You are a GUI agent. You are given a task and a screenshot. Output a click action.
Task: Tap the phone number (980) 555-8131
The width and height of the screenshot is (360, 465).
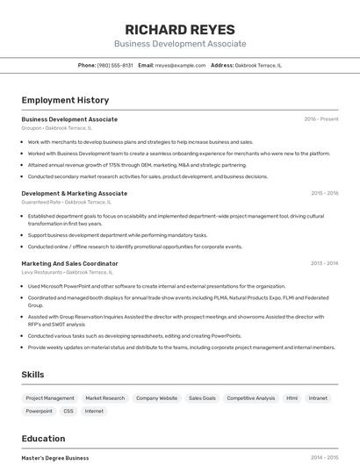115,65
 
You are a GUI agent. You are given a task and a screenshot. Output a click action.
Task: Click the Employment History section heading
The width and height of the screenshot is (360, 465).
65,100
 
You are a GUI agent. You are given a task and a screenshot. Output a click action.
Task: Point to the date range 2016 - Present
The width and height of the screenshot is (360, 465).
321,119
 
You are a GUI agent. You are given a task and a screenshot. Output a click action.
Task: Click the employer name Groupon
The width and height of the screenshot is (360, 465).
32,128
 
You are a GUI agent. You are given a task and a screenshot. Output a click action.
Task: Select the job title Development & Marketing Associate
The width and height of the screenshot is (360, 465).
74,193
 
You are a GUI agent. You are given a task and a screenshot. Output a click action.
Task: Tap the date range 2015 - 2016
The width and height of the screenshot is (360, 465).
324,193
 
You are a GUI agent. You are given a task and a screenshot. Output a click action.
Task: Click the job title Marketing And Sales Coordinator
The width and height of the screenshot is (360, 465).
69,263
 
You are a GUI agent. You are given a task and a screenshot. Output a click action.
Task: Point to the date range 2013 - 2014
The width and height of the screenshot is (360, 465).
324,263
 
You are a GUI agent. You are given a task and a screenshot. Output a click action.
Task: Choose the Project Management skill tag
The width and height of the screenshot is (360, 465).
50,398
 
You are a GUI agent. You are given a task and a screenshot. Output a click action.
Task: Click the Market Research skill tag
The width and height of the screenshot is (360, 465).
105,398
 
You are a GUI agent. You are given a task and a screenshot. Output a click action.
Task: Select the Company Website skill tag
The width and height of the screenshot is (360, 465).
156,398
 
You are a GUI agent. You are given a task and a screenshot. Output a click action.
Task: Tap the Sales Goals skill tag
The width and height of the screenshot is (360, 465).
202,398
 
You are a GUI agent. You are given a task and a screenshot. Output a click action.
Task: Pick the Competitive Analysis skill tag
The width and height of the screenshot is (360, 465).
251,398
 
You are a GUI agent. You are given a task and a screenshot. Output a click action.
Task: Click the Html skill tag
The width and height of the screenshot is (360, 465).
292,398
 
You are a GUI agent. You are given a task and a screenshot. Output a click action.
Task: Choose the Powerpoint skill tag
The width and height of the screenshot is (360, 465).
40,411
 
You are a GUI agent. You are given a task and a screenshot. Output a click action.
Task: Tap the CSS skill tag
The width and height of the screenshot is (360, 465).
68,411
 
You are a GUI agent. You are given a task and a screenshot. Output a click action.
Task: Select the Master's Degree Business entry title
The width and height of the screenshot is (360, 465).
55,457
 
